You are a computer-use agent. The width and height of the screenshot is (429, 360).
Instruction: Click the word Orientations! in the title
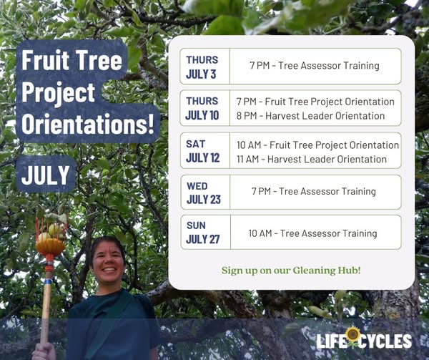coord(88,125)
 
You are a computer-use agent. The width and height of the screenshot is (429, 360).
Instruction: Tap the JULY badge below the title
coord(46,175)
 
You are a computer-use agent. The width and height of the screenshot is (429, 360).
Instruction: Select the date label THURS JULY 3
coord(202,67)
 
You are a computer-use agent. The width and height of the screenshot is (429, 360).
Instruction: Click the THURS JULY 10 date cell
coord(202,108)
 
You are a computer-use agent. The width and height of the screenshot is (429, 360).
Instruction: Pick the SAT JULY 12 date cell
coord(202,151)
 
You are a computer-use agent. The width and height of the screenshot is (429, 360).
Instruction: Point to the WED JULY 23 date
coord(203,193)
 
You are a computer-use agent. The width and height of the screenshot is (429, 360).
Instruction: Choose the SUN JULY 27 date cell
coord(203,233)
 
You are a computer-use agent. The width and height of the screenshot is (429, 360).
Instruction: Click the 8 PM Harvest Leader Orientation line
coord(310,116)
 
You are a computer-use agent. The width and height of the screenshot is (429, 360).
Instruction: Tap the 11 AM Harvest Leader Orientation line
coord(311,160)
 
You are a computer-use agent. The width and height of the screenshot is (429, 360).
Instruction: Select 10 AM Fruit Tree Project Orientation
coord(317,145)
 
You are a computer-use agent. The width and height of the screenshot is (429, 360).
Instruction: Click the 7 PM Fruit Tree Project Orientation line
coord(315,102)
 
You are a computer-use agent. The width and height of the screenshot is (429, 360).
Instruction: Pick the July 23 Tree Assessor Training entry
coord(314,191)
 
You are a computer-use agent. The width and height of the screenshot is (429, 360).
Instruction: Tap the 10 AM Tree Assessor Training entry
coord(312,233)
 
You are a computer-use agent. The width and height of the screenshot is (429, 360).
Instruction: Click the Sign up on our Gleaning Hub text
coord(291,271)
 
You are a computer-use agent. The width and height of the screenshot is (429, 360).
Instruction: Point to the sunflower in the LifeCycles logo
coord(352,336)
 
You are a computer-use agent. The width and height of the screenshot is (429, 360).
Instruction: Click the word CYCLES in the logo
coord(385,341)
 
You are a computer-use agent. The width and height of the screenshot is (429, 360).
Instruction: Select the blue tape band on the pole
coord(48,281)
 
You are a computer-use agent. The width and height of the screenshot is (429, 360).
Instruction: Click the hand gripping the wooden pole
coord(44,351)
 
